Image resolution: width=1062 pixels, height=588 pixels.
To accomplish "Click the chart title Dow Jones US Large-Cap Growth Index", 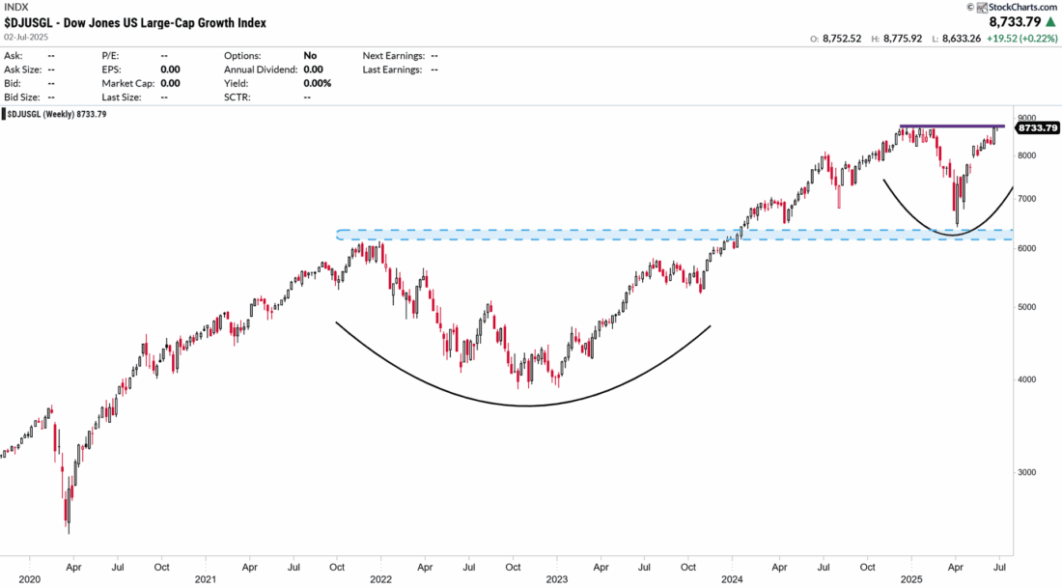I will click(x=135, y=22).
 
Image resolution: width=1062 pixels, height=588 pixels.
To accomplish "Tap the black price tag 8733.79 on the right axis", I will click(x=1035, y=127).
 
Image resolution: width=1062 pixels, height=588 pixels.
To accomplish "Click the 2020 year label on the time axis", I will click(x=29, y=579).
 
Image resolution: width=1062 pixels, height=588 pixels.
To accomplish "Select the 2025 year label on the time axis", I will click(x=910, y=579).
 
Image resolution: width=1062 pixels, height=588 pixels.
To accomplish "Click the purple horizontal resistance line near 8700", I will click(x=951, y=126).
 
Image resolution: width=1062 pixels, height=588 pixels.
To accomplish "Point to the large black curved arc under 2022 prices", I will click(x=526, y=405).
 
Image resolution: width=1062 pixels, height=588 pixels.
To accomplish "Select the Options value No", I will click(x=309, y=56).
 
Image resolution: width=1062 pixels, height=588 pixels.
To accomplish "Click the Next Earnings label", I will click(x=394, y=56).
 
